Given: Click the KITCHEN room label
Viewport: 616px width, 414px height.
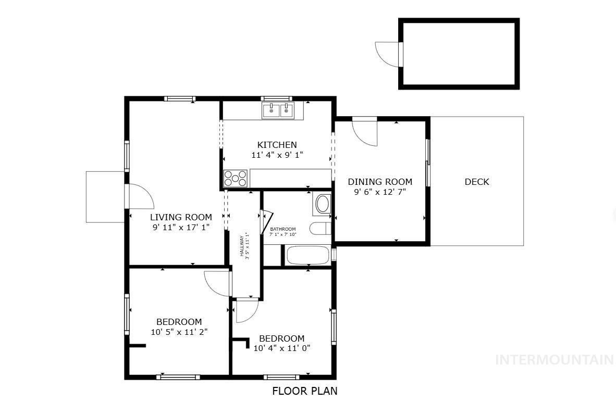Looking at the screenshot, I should coord(277,145).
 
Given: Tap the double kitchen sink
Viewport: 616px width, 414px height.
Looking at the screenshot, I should coord(278,110).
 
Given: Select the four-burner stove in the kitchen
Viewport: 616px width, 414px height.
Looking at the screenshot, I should coord(235,179).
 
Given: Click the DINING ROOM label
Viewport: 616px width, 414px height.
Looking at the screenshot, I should coord(380,182).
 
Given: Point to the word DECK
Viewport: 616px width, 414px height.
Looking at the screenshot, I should coord(477,182).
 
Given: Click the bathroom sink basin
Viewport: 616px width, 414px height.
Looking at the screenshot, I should coord(323,204).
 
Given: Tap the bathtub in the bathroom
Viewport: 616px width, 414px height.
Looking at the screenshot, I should coord(308,256).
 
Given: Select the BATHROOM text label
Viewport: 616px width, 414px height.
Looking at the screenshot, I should coord(282,229).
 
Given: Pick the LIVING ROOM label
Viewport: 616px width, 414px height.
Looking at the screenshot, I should coord(181,217).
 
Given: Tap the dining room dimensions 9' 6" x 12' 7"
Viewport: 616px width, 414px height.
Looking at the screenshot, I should coord(380,192).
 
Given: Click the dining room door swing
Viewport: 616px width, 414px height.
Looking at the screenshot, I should coord(365,133).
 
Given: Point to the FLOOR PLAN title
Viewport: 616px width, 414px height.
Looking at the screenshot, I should coord(305,391).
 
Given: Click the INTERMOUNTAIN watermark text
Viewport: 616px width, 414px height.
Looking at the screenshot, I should coord(555,359).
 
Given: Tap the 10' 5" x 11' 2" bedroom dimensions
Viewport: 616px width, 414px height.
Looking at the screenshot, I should coord(179,332).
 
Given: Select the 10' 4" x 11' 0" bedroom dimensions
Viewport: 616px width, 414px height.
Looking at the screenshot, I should coord(282,348).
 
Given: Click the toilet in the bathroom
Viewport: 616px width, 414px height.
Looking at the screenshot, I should coord(319,228).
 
